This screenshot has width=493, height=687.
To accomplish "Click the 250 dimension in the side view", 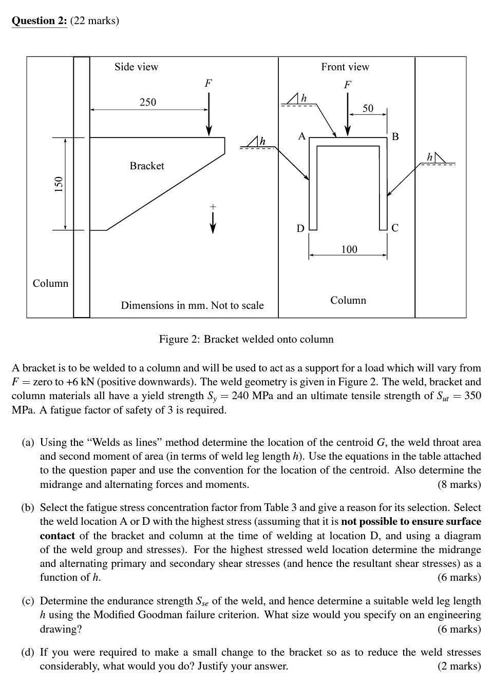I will coord(148,102).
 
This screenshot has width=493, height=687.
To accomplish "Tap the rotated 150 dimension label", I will coord(59,183).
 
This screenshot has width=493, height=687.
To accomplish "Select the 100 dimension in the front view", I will coord(349,249).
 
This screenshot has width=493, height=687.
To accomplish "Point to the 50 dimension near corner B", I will coord(368,108).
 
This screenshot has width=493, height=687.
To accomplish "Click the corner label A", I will coord(302,136).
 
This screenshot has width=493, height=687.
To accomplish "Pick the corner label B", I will coord(395,136).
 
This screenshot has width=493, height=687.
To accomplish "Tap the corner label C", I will coord(394,228).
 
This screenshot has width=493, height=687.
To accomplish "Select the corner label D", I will coord(300,228).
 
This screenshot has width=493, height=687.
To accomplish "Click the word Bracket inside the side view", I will coord(147,166).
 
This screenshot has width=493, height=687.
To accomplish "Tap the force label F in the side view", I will coord(208,83).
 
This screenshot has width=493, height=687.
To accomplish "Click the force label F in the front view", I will coord(348,85).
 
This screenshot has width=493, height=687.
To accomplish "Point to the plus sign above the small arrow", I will coord(213,207).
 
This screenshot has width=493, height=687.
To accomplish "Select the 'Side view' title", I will coord(136,67).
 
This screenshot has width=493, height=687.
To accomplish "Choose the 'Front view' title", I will coord(345,67).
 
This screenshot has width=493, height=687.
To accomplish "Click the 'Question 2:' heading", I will coord(39,21).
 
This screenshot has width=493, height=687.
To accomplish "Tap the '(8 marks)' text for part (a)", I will coord(459,484).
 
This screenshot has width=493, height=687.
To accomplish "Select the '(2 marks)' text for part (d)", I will coord(459,666).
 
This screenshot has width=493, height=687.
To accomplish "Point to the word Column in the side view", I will coord(50,283).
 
